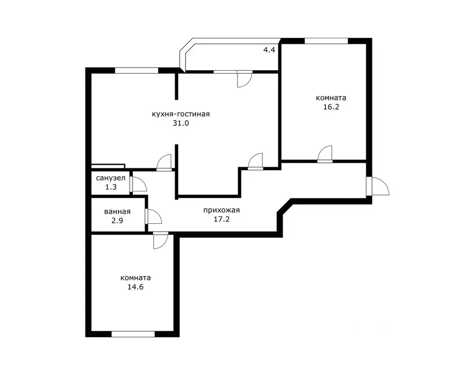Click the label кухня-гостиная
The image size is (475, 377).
pos(181,114)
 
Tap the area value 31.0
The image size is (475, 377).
pos(181,123)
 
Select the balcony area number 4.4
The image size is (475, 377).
pos(269,50)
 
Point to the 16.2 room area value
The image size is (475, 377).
pos(331,107)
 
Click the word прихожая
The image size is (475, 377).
pos(221,210)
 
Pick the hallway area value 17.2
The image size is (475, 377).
pos(222,219)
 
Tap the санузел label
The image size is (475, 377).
pos(110,178)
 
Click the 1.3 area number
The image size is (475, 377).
pos(111,188)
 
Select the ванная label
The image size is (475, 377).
pos(117,212)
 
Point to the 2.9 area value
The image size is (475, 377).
pos(117,220)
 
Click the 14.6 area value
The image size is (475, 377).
pos(135,287)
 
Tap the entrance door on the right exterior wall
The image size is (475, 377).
pos(378,187)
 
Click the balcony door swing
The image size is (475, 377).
pos(244,79)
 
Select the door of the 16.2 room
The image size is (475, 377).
pos(325,154)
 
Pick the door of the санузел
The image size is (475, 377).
pos(138,184)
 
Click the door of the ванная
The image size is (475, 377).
pos(154,216)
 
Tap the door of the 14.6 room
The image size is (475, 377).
pos(160,241)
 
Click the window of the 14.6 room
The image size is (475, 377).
pos(133,334)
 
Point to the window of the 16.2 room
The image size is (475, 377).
pos(326,41)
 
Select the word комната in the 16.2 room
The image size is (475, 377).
pos(331,98)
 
